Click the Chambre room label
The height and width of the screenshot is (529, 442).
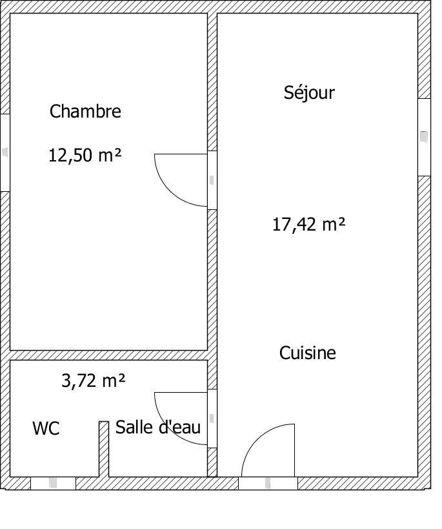coord(85,111)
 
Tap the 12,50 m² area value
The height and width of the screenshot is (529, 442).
coord(85,155)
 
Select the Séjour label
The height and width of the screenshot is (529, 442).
coord(309,93)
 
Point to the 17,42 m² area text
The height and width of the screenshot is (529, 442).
coord(308,224)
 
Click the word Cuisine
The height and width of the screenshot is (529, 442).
coord(308,353)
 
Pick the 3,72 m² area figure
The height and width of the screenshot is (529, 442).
coord(94,380)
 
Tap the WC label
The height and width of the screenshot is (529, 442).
coord(46,428)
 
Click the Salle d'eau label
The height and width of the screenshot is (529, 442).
coord(158,427)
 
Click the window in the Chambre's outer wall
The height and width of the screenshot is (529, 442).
coord(5,152)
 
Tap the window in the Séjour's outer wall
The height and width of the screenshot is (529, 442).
coord(424,138)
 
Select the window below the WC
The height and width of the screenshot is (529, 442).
coord(54,483)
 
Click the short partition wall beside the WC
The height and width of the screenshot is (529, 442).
coord(104,449)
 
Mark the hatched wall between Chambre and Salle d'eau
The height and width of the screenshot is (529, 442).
coord(108,355)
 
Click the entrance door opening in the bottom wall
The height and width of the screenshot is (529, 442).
coord(268,483)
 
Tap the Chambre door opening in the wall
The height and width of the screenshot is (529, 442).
coord(212,180)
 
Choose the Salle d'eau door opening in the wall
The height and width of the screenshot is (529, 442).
coord(212,419)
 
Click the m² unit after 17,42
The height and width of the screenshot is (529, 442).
coord(334,224)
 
